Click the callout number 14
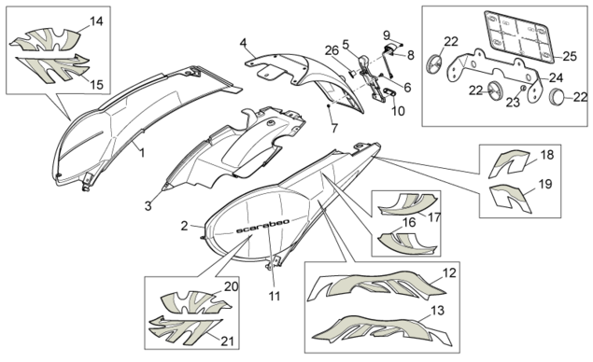coord(96,21)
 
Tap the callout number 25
coord(569,56)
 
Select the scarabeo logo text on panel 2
coord(262,226)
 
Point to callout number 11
coord(275,296)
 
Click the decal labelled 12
coord(375,285)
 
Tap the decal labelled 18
coord(509,163)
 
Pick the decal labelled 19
coord(510,197)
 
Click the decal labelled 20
coord(195,302)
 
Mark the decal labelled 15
coord(53,68)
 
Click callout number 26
coord(332,50)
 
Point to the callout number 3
coord(148,206)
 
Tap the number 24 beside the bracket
coord(556,77)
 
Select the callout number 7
coord(334,128)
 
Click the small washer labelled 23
coord(522,88)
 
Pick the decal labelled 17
coord(408,204)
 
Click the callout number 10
coord(398,111)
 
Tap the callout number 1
coord(142,153)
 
